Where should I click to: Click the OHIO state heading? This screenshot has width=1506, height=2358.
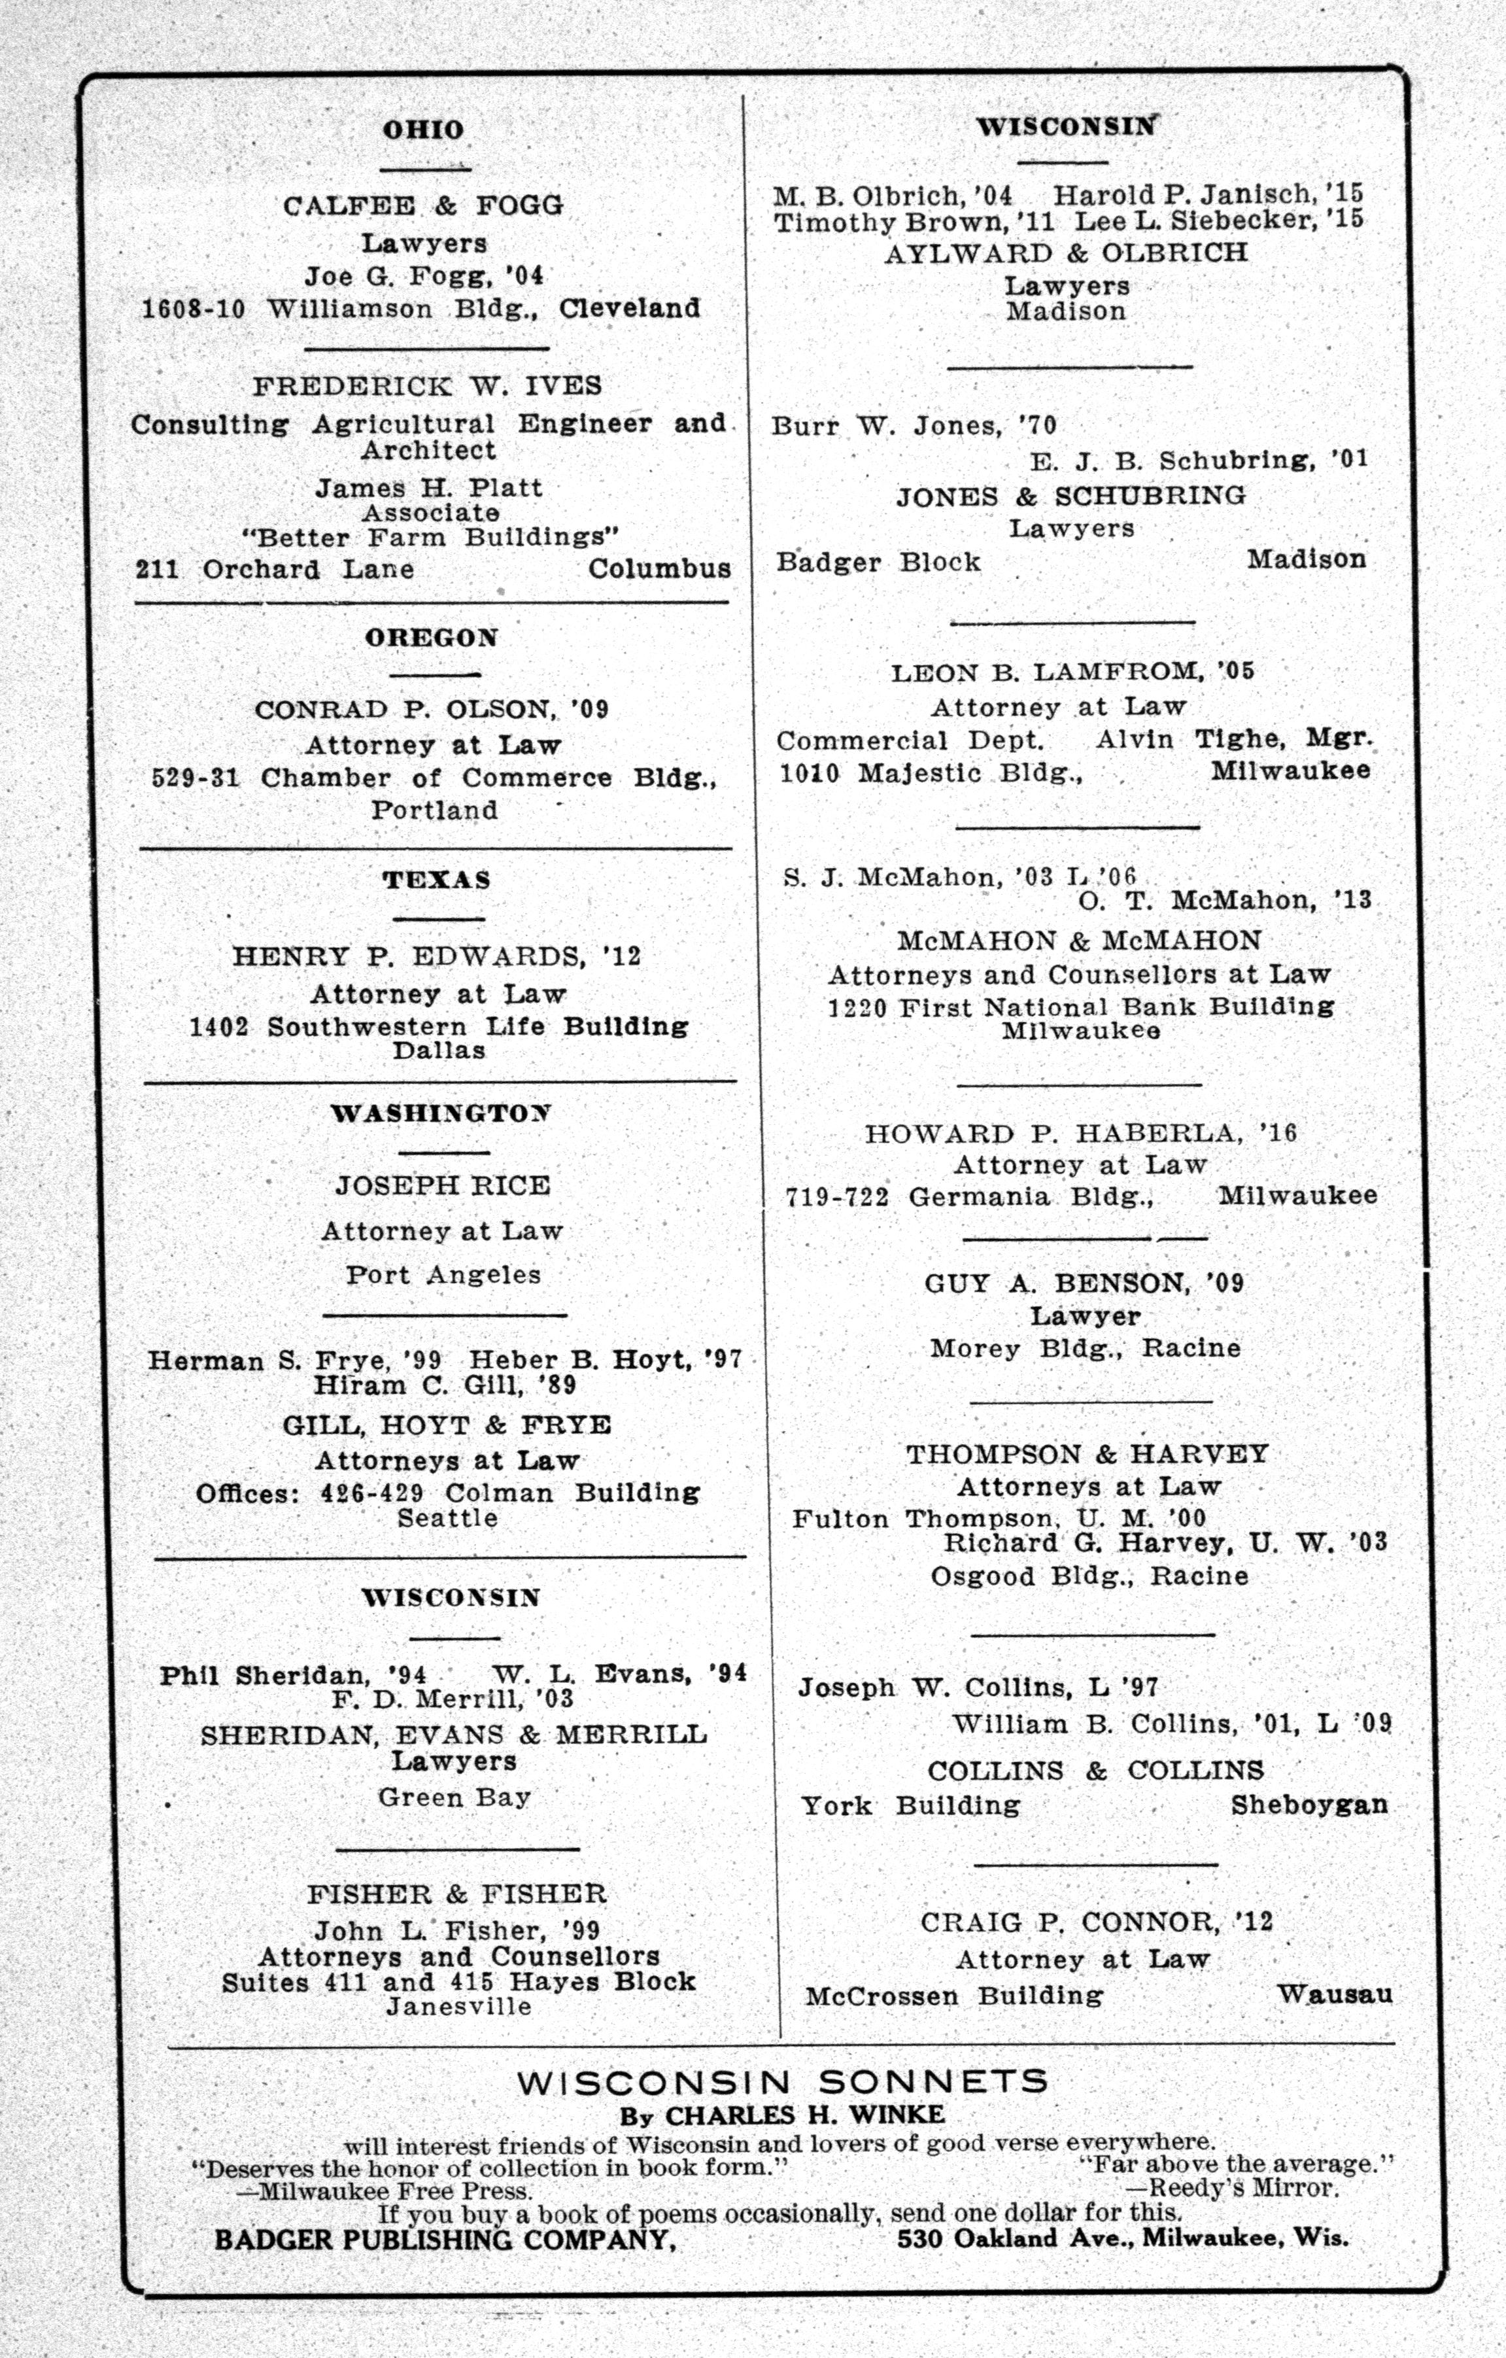[423, 130]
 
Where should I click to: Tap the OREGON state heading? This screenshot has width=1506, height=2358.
[432, 638]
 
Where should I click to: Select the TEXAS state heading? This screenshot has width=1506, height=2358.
[437, 879]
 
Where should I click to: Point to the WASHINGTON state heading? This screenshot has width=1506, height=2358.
[441, 1113]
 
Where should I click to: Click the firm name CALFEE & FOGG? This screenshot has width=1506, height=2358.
[423, 205]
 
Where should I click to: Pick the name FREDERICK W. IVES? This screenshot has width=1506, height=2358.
[428, 386]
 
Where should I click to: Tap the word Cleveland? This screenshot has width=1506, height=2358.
[630, 309]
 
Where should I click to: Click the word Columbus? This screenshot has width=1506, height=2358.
[659, 569]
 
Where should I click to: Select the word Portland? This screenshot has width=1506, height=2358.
[435, 810]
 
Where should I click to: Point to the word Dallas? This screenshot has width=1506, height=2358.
[439, 1050]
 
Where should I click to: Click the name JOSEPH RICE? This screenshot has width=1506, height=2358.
[443, 1186]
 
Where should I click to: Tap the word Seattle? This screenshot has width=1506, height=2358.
[447, 1517]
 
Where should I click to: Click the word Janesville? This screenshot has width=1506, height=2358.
[458, 2007]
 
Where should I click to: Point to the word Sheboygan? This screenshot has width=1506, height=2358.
[1309, 1805]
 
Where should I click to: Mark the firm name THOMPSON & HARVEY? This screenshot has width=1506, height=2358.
[1087, 1454]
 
